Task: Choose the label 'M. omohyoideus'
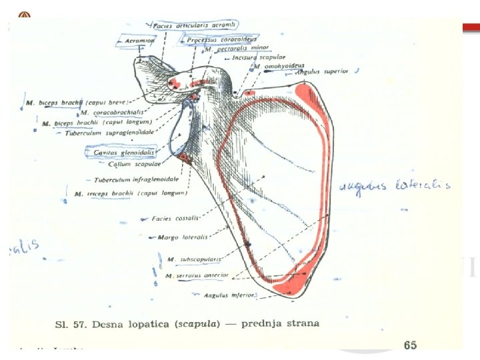(275, 67)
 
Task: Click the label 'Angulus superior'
(322, 71)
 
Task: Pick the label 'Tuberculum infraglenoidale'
(136, 179)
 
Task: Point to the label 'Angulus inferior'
(229, 294)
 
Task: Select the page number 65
(410, 345)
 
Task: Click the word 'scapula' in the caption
(180, 323)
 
